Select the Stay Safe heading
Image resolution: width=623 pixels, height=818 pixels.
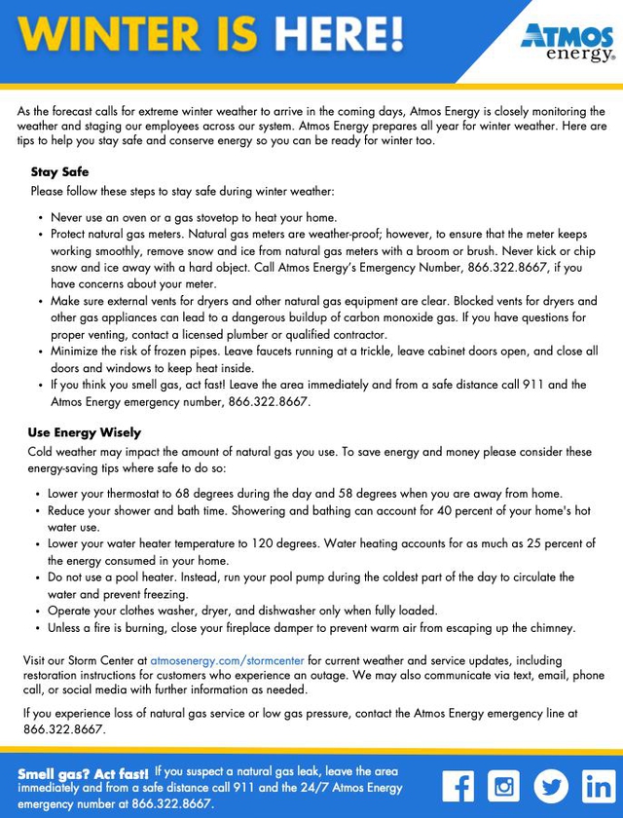coord(59,172)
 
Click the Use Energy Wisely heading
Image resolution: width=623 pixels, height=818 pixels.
coord(85,432)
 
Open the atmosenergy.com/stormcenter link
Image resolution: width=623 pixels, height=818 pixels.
coord(227,660)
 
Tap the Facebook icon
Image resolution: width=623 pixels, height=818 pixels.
coord(458,785)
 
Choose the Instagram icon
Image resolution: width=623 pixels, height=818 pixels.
coord(503,785)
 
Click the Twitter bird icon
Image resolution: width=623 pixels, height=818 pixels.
coord(551,785)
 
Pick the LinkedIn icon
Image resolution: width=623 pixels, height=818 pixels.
coord(598,785)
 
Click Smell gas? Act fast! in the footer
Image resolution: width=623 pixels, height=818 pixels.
coord(83,774)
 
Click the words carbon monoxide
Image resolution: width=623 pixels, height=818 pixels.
coord(495,317)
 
